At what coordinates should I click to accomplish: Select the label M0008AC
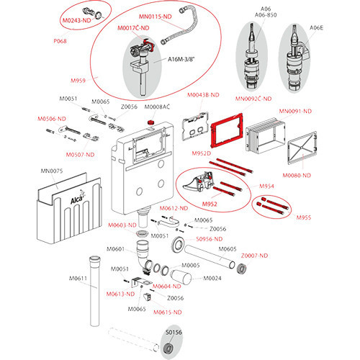(x=157, y=107)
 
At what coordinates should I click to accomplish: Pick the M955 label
(x=306, y=217)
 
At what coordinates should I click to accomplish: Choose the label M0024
(x=212, y=278)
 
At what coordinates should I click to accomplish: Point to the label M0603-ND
(x=122, y=225)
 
